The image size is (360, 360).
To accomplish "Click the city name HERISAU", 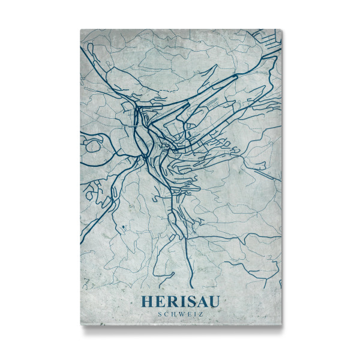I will [x=180, y=302].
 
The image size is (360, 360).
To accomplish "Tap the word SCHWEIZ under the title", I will [x=180, y=313].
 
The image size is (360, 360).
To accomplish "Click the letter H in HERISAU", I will [x=146, y=302].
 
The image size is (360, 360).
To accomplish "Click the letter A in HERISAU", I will [x=201, y=302].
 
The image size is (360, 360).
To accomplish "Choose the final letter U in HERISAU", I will [x=214, y=302].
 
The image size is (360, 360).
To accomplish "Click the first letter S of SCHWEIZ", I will [x=159, y=313].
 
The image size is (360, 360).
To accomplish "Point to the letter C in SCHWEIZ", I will [x=166, y=313].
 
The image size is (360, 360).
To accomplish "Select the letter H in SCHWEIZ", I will [x=173, y=313].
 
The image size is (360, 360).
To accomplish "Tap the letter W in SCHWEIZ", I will [x=181, y=313].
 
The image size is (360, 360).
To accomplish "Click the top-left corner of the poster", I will [x=80, y=29].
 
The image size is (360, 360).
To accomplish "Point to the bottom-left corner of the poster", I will [x=80, y=327].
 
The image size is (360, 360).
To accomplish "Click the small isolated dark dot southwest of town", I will [x=122, y=226].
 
